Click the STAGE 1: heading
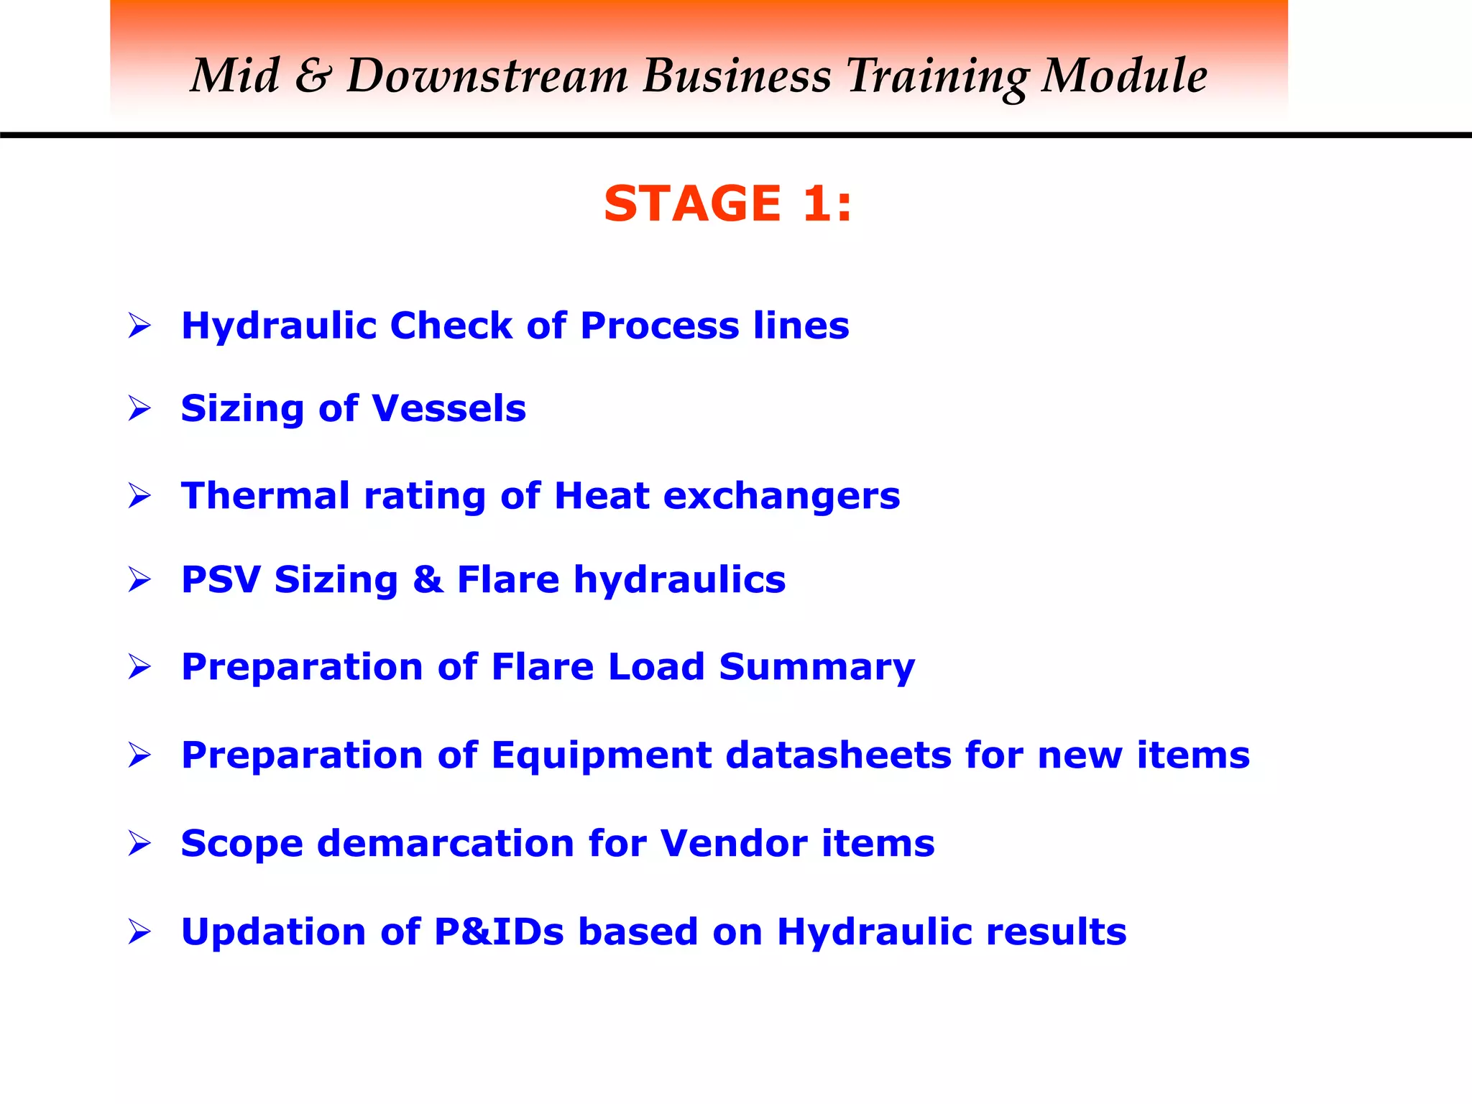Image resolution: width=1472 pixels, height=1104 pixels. pyautogui.click(x=727, y=203)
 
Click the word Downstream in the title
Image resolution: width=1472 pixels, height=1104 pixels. pyautogui.click(x=488, y=76)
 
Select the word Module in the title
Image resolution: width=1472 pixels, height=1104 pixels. pyautogui.click(x=1124, y=76)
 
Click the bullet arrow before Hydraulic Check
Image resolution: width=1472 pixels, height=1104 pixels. pyautogui.click(x=139, y=326)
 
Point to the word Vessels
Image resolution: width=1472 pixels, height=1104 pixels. pyautogui.click(x=449, y=408)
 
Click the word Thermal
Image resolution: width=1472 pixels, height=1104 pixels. pyautogui.click(x=265, y=496)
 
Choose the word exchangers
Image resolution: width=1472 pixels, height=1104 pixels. pyautogui.click(x=781, y=496)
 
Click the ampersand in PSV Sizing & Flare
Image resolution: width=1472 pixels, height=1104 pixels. pyautogui.click(x=428, y=579)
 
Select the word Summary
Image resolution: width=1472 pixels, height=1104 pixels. pyautogui.click(x=816, y=667)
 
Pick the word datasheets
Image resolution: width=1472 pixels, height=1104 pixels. pyautogui.click(x=838, y=755)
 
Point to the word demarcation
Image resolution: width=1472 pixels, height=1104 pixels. pyautogui.click(x=446, y=843)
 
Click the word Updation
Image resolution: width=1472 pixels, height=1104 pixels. pyautogui.click(x=274, y=932)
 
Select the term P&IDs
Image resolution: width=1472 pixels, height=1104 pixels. pyautogui.click(x=500, y=931)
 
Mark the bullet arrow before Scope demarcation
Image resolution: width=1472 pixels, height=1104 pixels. pyautogui.click(x=139, y=843)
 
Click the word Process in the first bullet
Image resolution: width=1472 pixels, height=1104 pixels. pyautogui.click(x=659, y=326)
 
